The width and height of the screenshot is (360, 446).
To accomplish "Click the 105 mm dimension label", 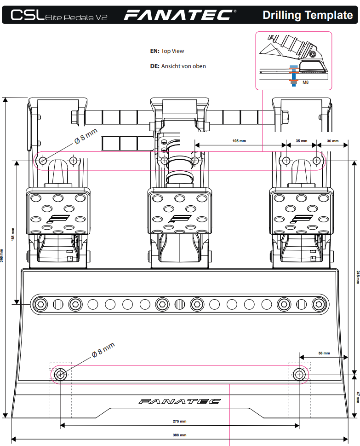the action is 239,141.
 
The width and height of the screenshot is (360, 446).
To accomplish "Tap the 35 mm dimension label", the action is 302,141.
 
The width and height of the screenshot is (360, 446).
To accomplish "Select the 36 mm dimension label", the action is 333,141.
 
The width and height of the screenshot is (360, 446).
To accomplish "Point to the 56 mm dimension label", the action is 324,353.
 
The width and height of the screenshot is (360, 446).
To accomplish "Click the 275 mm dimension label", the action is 180,421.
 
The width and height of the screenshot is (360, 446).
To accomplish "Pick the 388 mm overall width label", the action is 180,435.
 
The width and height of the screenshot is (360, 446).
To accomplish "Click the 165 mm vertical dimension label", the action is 13,234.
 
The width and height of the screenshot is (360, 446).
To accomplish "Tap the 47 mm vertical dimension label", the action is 358,397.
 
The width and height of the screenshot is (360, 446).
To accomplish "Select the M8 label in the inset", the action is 305,82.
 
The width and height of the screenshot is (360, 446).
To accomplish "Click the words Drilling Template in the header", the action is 308,15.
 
